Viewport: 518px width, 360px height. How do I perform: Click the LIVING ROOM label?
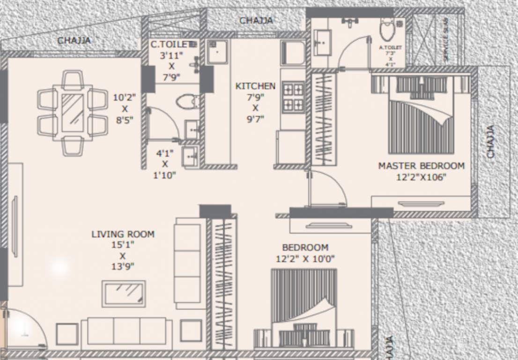(x=123, y=234)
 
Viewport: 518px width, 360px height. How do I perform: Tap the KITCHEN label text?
(x=255, y=86)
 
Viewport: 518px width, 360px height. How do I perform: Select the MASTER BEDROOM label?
(x=421, y=166)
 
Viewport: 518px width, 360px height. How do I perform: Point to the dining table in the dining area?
(x=73, y=112)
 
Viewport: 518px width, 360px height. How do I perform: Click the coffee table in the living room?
(x=124, y=293)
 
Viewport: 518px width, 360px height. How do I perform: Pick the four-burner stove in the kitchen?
(x=293, y=97)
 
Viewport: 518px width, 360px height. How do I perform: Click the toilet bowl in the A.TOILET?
(x=387, y=30)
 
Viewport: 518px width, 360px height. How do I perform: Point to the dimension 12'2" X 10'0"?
(x=305, y=259)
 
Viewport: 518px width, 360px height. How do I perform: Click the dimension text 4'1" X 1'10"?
(x=165, y=164)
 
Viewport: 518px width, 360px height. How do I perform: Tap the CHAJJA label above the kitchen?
(x=256, y=21)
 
